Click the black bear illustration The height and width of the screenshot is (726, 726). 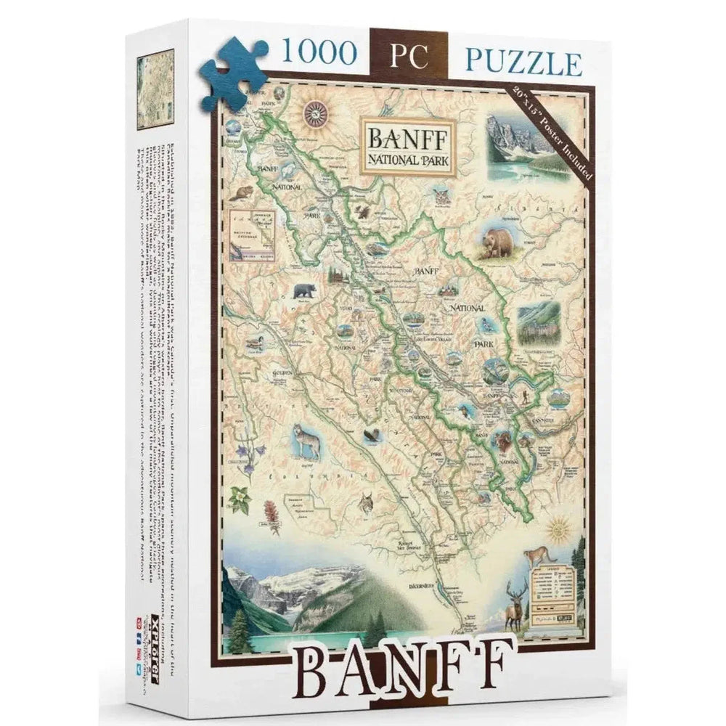(x=304, y=292)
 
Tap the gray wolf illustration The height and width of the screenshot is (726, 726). (x=307, y=441)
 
